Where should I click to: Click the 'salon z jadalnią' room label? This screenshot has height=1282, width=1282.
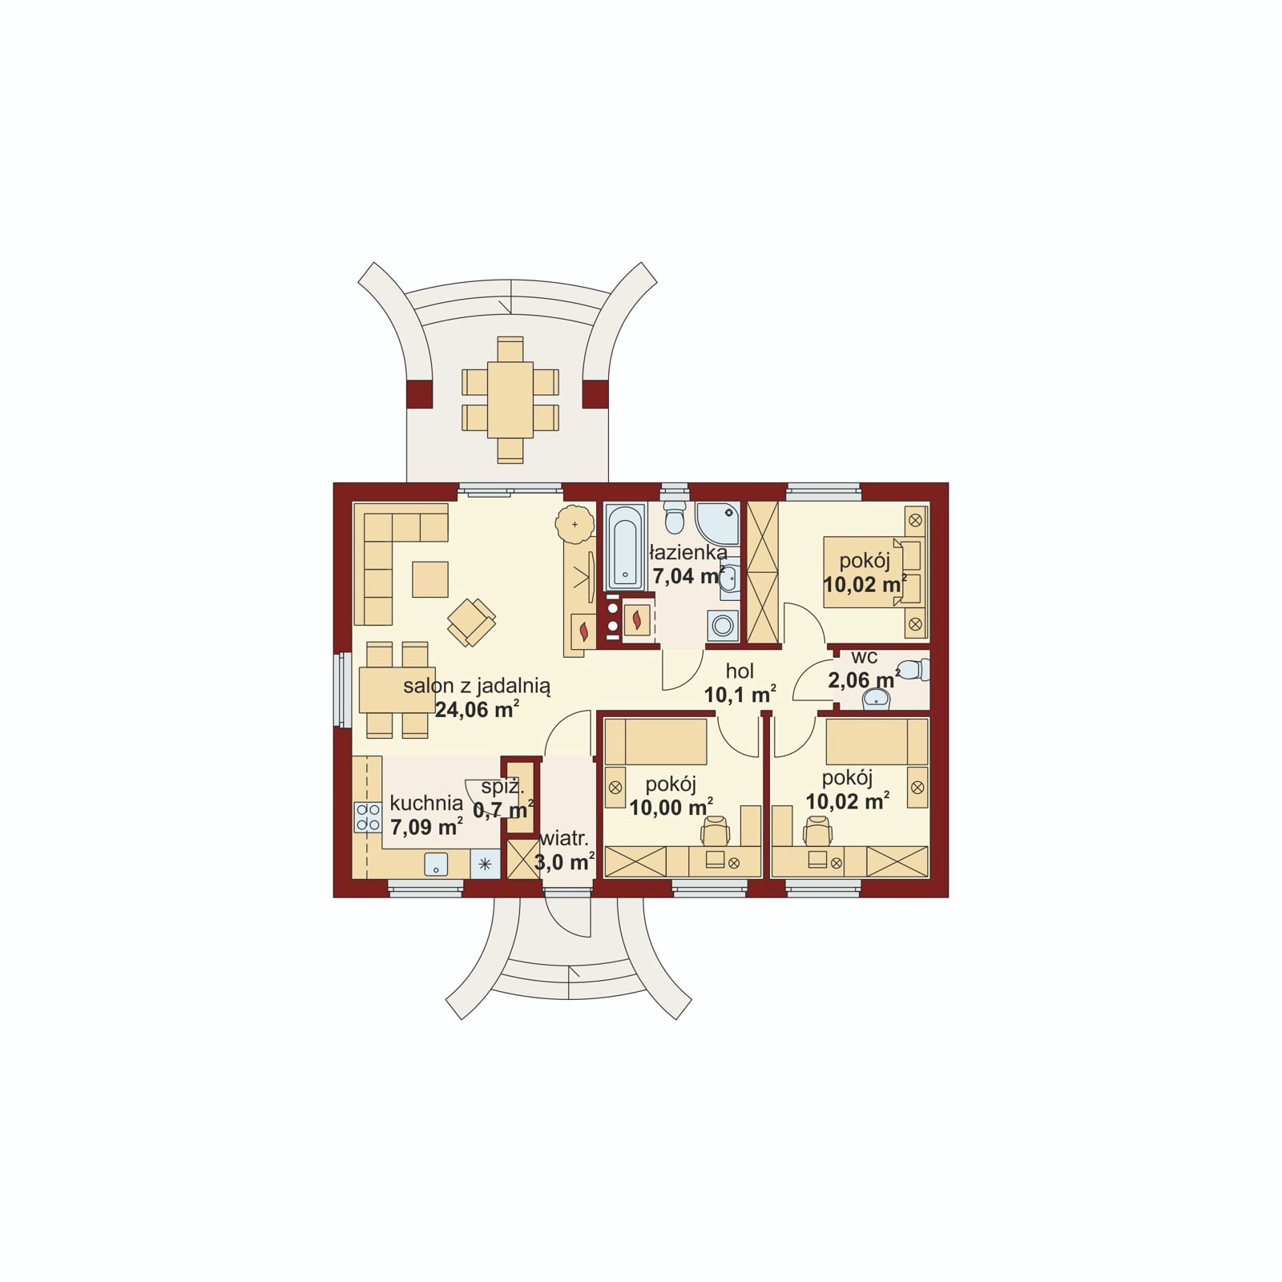coord(476,686)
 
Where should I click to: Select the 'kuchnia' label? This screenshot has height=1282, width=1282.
coord(426,803)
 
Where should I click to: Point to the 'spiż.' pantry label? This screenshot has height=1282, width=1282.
coord(503,787)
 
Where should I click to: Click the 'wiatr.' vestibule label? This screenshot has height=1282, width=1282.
coord(564,840)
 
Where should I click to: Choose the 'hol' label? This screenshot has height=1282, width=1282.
coord(740,671)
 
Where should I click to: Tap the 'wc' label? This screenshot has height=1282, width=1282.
coord(865,658)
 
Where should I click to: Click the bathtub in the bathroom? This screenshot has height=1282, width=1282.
coord(624,546)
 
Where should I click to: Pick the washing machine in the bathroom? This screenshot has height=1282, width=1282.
coord(724,626)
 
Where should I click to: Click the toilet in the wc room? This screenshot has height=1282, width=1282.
coord(914,670)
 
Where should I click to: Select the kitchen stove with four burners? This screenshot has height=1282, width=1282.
coord(368,817)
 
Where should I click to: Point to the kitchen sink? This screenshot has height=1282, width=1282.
coord(436,865)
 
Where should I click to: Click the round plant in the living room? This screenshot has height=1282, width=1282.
coord(574,525)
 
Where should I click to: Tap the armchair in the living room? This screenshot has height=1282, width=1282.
coord(472,623)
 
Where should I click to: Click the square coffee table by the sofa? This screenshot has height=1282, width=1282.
coord(430,579)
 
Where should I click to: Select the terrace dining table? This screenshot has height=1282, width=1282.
coord(510,399)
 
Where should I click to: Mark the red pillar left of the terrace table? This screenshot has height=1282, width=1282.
coord(420,393)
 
